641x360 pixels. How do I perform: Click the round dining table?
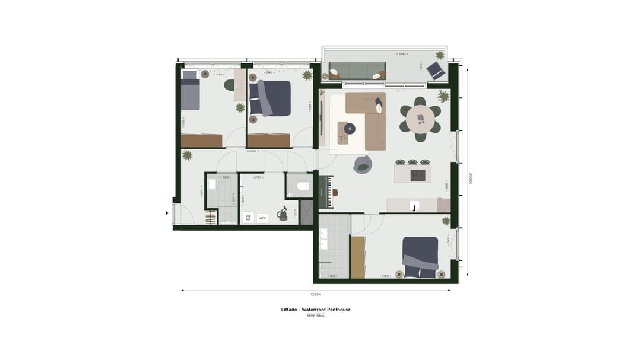click(x=420, y=117)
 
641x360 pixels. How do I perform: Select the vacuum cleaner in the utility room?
click(x=283, y=212)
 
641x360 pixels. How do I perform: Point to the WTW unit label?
click(x=262, y=218)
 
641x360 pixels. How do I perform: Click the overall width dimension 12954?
click(x=315, y=294)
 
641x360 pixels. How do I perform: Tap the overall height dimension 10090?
click(x=471, y=178)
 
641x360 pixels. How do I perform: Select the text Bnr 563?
click(x=315, y=316)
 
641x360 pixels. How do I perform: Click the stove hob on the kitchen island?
click(x=418, y=174)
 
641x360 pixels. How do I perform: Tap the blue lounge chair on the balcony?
click(x=437, y=71)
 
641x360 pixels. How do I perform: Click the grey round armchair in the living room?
click(x=362, y=164)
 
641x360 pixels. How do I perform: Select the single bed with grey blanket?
click(x=190, y=92)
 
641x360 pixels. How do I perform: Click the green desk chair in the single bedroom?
click(x=229, y=85)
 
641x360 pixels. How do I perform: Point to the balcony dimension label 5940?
click(x=403, y=54)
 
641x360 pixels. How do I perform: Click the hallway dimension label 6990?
click(x=253, y=151)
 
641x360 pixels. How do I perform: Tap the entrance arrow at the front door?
click(x=166, y=212)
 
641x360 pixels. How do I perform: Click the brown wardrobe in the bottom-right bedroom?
click(x=358, y=257)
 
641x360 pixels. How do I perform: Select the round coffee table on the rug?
click(x=350, y=127)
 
